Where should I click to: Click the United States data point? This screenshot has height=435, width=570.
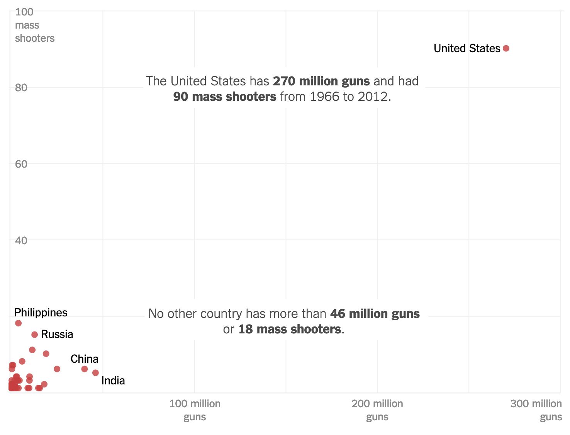(506, 48)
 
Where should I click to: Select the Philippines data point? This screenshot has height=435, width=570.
(18, 323)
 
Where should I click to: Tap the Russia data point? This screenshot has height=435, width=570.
(34, 335)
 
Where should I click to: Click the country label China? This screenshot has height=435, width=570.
(84, 359)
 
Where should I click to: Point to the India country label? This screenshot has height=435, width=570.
(113, 381)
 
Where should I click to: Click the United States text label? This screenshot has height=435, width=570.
(467, 48)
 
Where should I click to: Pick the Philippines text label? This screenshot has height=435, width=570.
(41, 312)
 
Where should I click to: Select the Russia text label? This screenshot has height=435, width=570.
(57, 334)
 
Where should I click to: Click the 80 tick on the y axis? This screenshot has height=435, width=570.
(21, 88)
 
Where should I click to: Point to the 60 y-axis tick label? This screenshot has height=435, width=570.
(21, 164)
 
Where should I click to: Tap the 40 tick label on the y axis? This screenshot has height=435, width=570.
(21, 241)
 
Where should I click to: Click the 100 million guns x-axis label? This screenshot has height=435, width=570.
(195, 410)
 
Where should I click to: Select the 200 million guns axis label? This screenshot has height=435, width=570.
(377, 410)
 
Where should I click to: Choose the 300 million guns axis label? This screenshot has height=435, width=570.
(536, 410)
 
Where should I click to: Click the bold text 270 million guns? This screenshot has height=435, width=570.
(321, 81)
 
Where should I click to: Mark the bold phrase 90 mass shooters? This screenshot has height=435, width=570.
(225, 97)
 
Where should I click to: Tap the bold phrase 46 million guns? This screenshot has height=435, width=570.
(375, 314)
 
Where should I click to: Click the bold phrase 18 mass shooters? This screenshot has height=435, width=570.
(290, 329)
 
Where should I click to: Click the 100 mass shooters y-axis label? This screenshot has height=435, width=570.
(34, 25)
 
